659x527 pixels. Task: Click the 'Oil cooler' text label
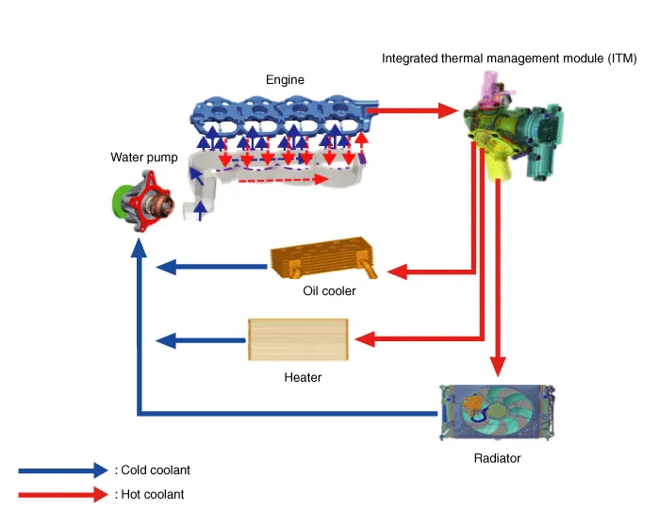tap(329, 291)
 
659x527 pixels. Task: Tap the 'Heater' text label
tap(303, 377)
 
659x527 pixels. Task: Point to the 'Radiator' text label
tap(497, 458)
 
